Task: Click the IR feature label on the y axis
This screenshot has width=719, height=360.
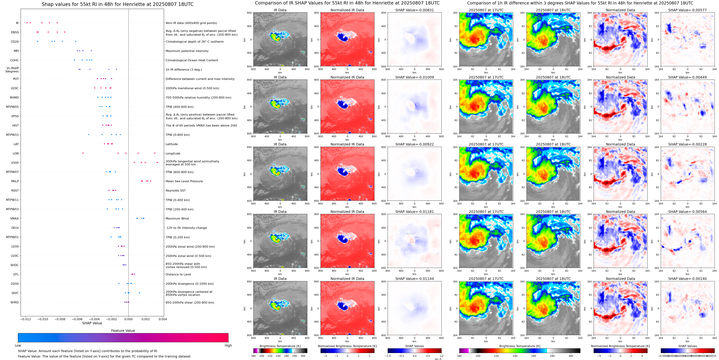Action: [x=17, y=23]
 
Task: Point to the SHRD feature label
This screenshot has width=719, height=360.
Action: [x=15, y=302]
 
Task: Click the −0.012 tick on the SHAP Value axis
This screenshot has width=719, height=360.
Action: [x=26, y=319]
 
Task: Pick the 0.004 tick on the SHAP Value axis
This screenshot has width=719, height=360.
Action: [x=163, y=319]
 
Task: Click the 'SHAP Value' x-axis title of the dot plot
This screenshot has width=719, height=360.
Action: [x=92, y=323]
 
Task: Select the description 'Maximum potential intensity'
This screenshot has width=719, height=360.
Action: [x=187, y=51]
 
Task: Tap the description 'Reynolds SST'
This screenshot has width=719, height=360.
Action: [x=175, y=190]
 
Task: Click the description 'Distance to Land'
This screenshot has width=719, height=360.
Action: [x=178, y=274]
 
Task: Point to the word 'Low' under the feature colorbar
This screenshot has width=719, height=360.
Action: [x=18, y=345]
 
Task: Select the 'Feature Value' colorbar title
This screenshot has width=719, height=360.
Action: [x=123, y=331]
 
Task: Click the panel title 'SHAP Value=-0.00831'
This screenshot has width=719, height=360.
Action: [x=415, y=10]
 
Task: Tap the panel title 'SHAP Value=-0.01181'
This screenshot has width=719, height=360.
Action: [x=415, y=212]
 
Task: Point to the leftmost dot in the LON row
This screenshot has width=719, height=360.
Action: [x=83, y=153]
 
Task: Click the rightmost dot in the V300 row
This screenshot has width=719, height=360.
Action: [x=157, y=162]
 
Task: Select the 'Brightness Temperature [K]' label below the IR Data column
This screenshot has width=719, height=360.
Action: [x=280, y=346]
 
